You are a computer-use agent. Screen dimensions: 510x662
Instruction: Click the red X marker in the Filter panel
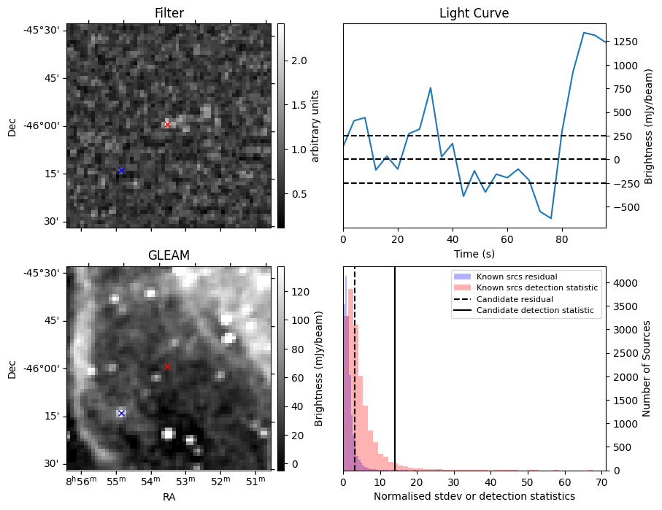(167, 124)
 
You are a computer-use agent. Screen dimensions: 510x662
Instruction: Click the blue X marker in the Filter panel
(121, 170)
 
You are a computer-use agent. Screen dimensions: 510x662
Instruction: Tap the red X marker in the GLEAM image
(167, 366)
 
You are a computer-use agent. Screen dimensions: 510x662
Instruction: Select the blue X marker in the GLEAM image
(121, 413)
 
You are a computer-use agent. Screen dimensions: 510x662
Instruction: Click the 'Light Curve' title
(474, 13)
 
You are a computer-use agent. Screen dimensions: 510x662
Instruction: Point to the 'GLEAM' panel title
(169, 255)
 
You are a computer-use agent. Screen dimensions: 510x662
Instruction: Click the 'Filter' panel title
(169, 13)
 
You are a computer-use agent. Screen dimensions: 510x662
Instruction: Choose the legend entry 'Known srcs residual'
(516, 277)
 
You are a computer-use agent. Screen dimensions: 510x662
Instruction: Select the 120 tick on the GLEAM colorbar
(292, 292)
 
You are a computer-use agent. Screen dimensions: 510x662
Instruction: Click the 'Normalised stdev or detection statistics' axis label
(474, 496)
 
